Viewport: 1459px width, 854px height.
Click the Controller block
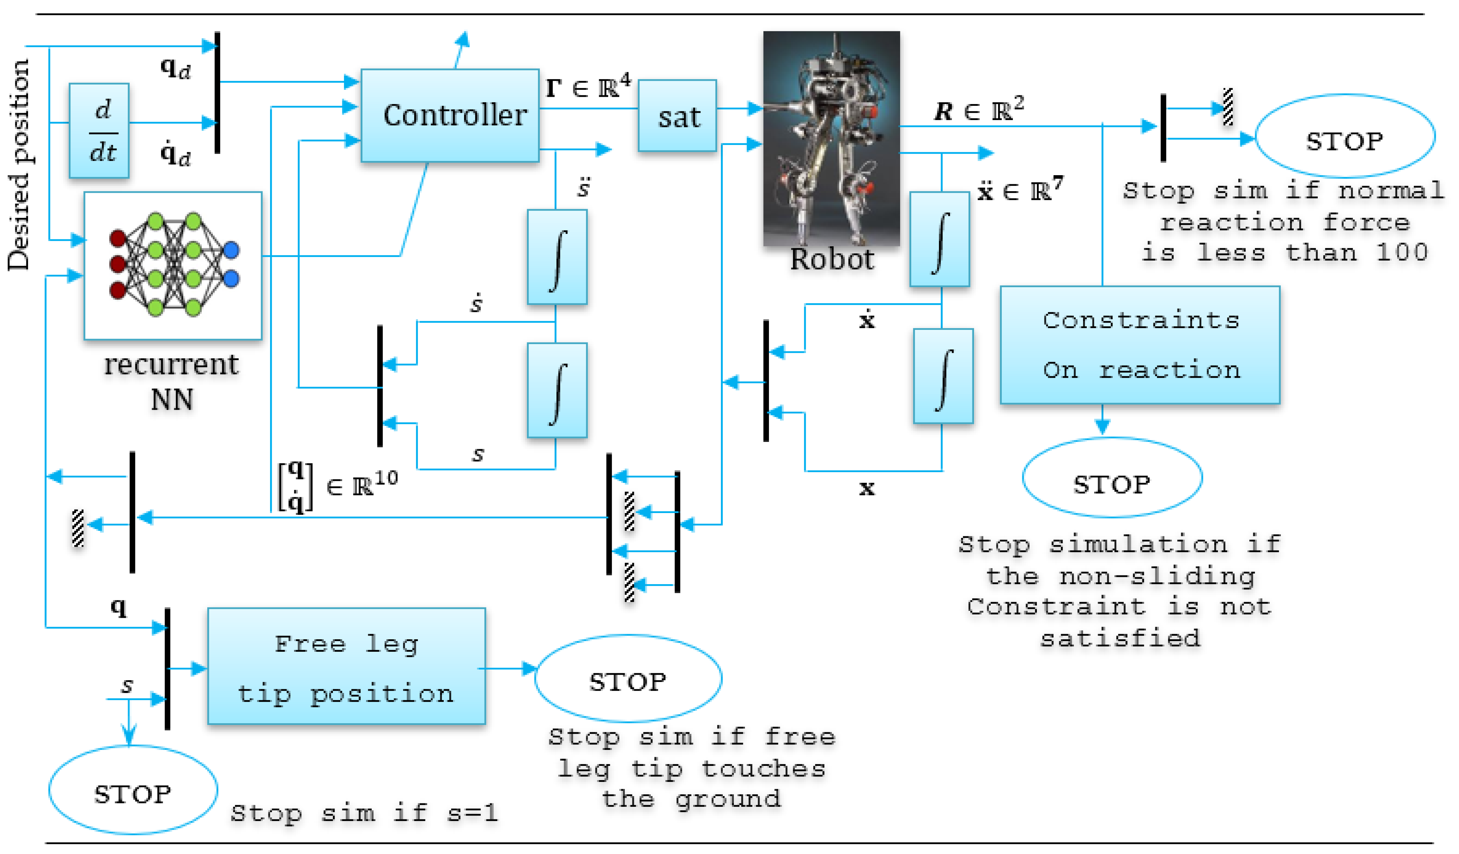pyautogui.click(x=450, y=115)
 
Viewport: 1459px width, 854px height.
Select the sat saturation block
pyautogui.click(x=677, y=116)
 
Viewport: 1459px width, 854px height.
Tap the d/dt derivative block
pyautogui.click(x=99, y=131)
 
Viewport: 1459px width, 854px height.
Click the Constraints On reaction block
pyautogui.click(x=1139, y=345)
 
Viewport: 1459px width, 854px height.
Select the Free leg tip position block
pyautogui.click(x=346, y=666)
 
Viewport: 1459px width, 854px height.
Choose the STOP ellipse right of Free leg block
pyautogui.click(x=628, y=678)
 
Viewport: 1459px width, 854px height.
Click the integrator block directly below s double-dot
pyautogui.click(x=557, y=257)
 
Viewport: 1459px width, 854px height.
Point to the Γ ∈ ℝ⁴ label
pyautogui.click(x=588, y=87)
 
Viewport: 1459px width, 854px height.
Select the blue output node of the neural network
pyautogui.click(x=231, y=250)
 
